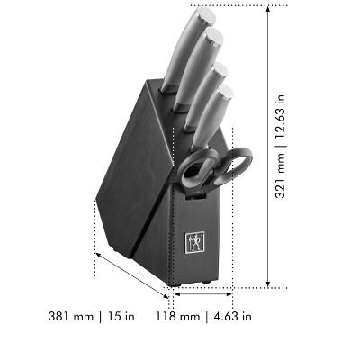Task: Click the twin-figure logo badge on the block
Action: [194, 242]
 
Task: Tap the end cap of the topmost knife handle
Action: [207, 16]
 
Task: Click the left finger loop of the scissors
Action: [196, 168]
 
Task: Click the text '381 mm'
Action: [71, 316]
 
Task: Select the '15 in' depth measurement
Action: [121, 316]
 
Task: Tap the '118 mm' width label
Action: [177, 316]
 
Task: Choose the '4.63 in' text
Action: [233, 316]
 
